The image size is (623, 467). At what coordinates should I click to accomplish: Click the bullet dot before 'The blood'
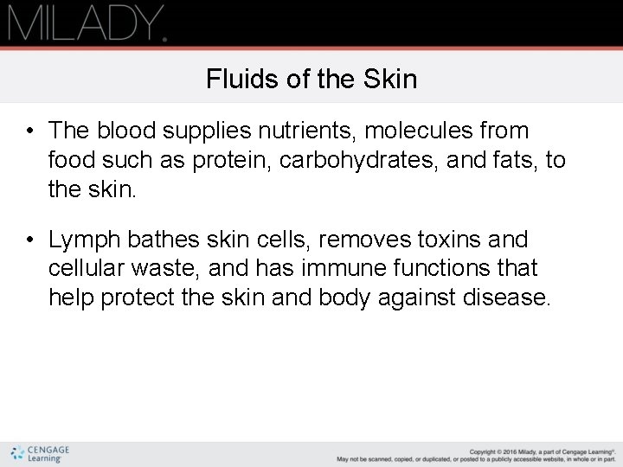29,131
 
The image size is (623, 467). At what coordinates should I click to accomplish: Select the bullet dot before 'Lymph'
29,240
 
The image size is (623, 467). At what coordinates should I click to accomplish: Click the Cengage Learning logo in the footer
41,453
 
